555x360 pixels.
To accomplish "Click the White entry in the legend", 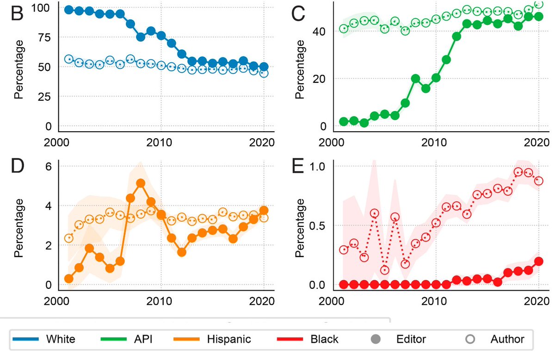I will point(61,339).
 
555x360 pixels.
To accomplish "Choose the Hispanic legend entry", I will point(229,339).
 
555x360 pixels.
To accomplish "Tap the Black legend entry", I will point(323,339).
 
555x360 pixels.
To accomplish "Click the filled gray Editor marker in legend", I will point(375,339).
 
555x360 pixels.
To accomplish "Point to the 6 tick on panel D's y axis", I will point(48,166).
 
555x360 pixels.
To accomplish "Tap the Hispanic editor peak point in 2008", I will point(141,183).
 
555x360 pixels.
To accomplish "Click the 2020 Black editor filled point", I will point(539,261).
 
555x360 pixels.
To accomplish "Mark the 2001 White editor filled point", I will point(69,10).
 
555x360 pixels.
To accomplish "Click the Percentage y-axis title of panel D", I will point(19,227).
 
